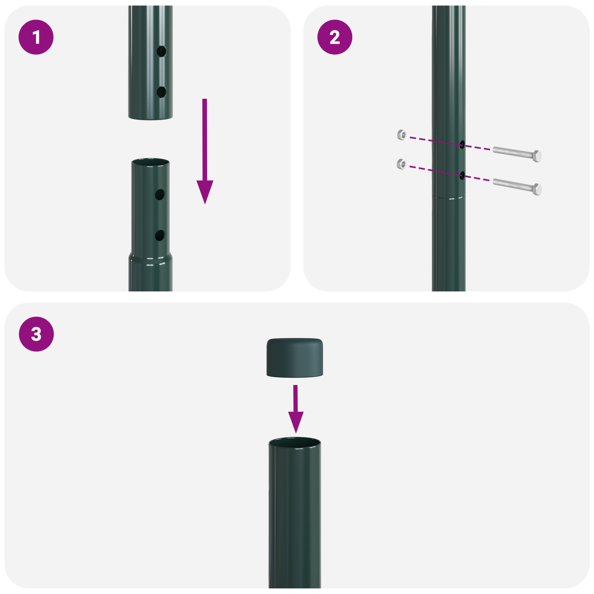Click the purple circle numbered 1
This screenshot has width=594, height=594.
pyautogui.click(x=36, y=37)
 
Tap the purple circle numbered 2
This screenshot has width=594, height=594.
pyautogui.click(x=334, y=37)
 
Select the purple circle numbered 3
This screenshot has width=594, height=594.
pyautogui.click(x=36, y=334)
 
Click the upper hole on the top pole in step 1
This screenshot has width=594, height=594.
pyautogui.click(x=161, y=51)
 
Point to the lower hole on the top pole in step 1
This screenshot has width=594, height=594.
pyautogui.click(x=161, y=92)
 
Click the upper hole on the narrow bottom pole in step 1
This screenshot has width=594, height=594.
pyautogui.click(x=160, y=195)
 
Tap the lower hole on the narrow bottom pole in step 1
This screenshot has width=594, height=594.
pyautogui.click(x=160, y=235)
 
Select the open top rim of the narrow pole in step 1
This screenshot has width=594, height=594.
pyautogui.click(x=150, y=162)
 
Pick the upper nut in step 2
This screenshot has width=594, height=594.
pyautogui.click(x=402, y=134)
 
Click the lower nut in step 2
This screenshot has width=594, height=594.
pyautogui.click(x=401, y=164)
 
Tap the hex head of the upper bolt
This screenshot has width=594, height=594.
pyautogui.click(x=537, y=156)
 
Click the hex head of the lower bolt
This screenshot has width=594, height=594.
pyautogui.click(x=537, y=189)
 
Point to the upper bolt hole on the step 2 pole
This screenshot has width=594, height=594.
pyautogui.click(x=462, y=144)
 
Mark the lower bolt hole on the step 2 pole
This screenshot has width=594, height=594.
pyautogui.click(x=462, y=175)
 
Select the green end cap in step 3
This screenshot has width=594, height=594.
pyautogui.click(x=294, y=357)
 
